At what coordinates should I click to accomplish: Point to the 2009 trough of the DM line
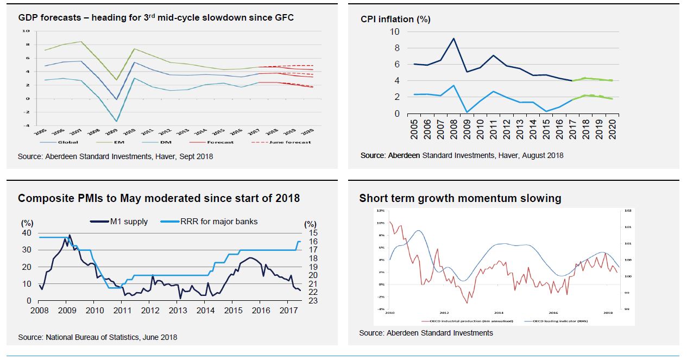pos(116,121)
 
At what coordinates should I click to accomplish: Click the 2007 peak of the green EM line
pos(81,42)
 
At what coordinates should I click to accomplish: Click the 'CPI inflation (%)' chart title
pos(395,19)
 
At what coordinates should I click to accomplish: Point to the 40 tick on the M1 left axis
pos(26,233)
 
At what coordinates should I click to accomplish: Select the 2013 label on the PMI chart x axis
pos(178,311)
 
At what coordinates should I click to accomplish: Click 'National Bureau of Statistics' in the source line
pos(90,337)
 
